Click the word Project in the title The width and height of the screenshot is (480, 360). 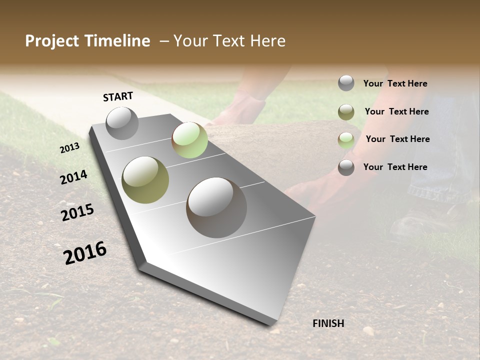pyautogui.click(x=51, y=41)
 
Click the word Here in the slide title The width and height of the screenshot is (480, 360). pyautogui.click(x=267, y=41)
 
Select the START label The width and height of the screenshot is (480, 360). pyautogui.click(x=118, y=96)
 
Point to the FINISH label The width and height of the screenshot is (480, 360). pyautogui.click(x=328, y=323)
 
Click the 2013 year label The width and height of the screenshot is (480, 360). pyautogui.click(x=69, y=148)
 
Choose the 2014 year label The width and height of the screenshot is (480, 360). pyautogui.click(x=73, y=177)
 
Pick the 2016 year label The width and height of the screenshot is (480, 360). pyautogui.click(x=85, y=253)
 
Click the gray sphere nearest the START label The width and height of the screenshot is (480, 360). pyautogui.click(x=122, y=123)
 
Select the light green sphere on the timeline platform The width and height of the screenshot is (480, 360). pyautogui.click(x=189, y=139)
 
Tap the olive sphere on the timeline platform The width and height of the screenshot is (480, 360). pyautogui.click(x=145, y=179)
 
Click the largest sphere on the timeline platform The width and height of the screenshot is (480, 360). pyautogui.click(x=216, y=207)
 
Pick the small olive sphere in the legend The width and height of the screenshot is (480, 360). pyautogui.click(x=346, y=112)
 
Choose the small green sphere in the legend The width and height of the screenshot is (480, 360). pyautogui.click(x=346, y=140)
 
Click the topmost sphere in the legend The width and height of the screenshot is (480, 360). pyautogui.click(x=346, y=83)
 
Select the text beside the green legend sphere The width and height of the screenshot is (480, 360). pyautogui.click(x=397, y=139)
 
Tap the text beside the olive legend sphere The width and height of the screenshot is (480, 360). pyautogui.click(x=396, y=111)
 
